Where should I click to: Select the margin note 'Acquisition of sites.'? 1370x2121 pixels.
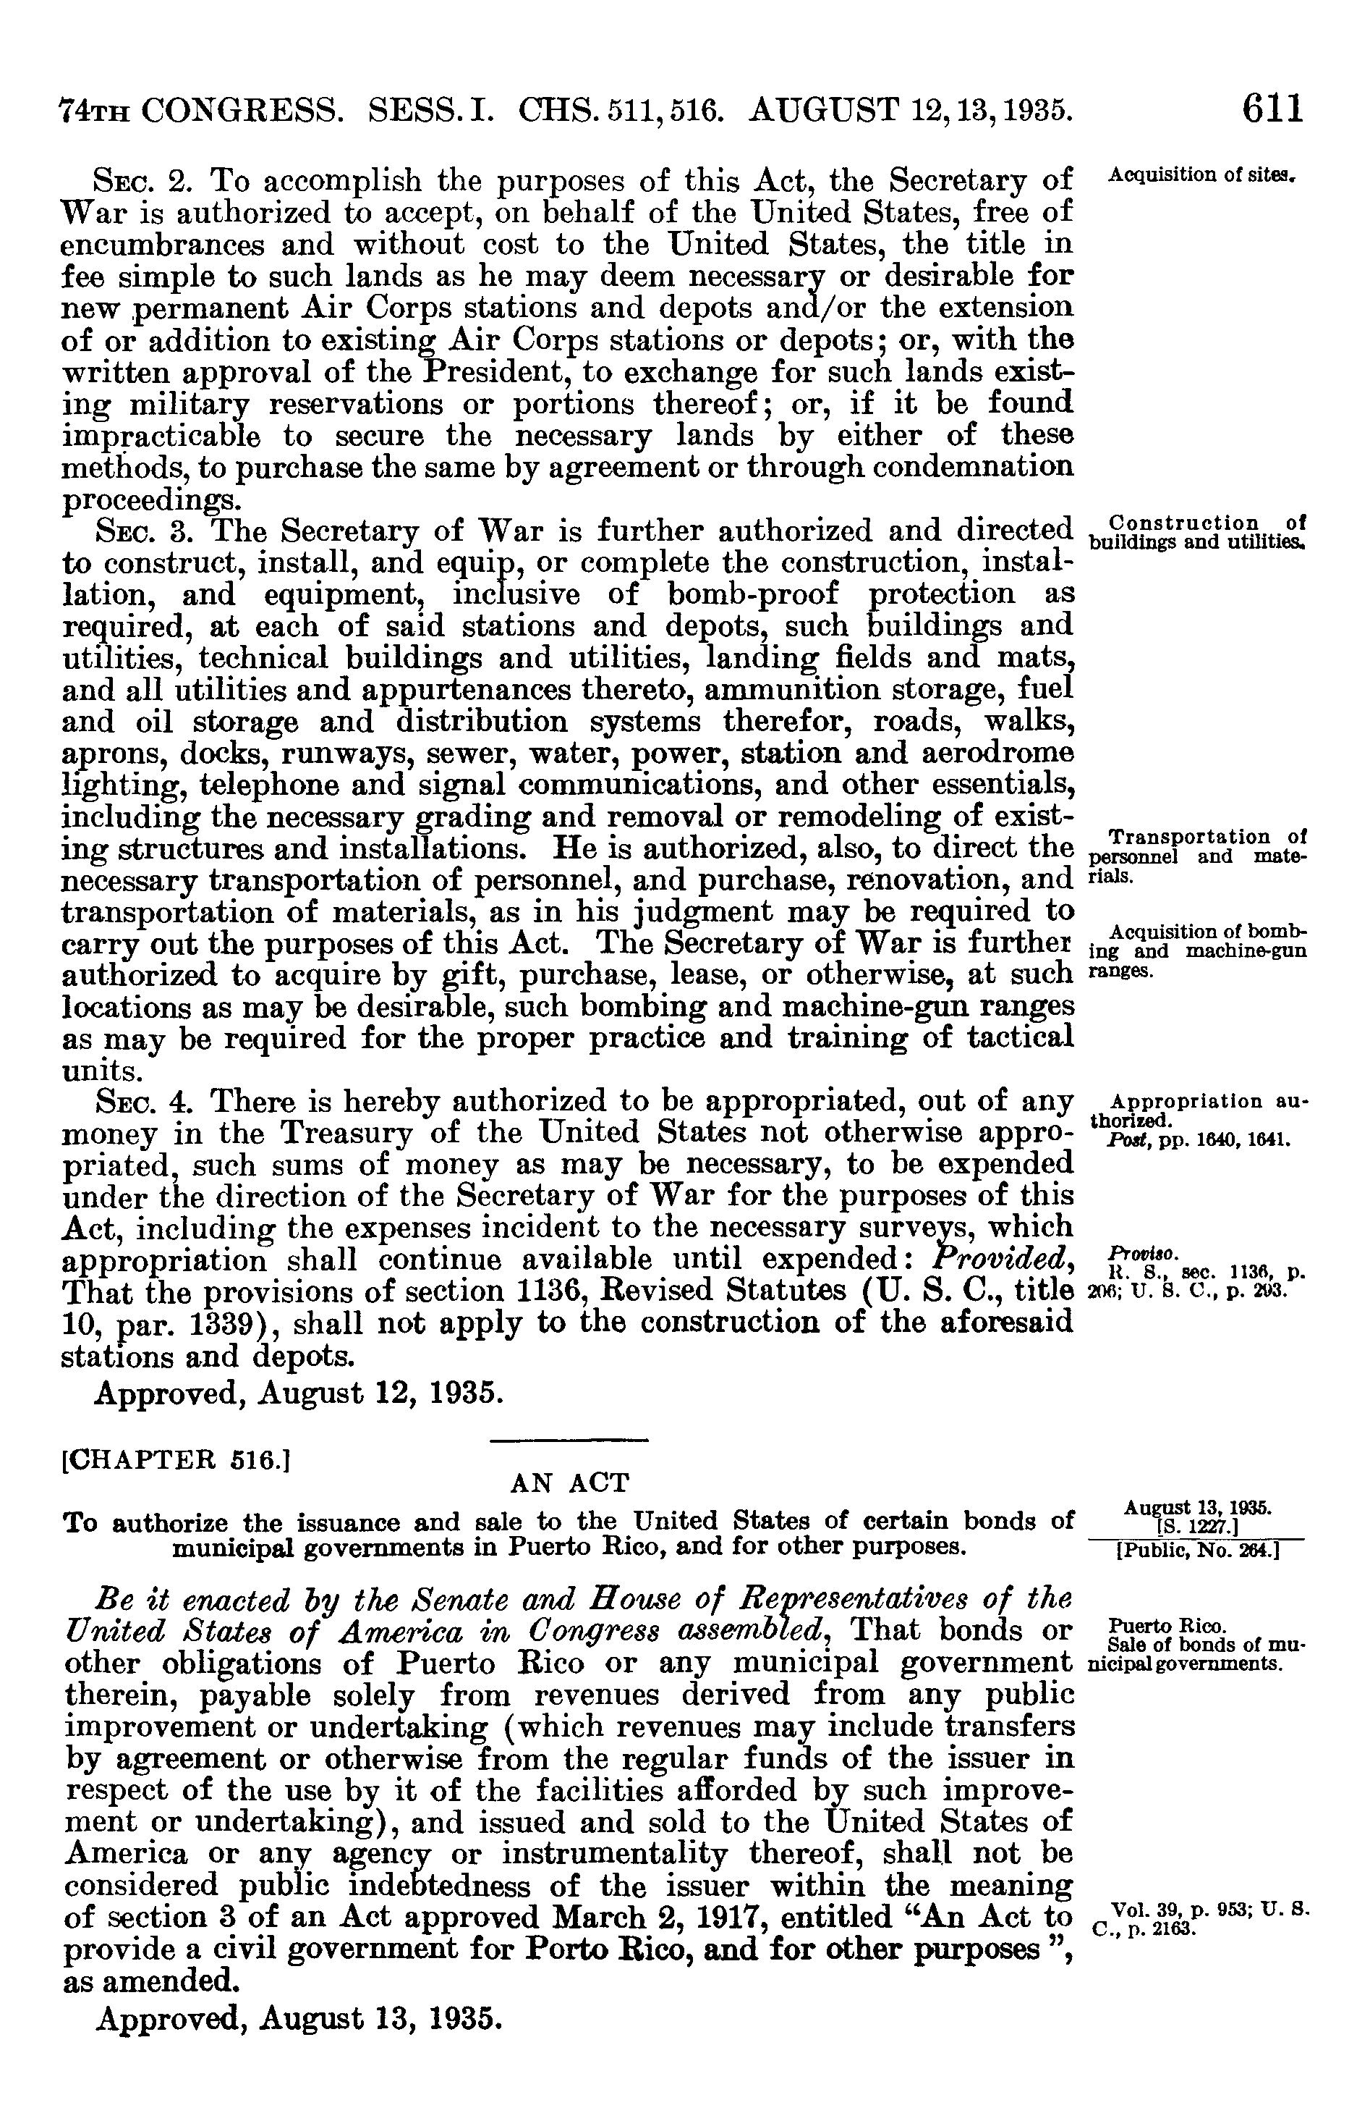1205,174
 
